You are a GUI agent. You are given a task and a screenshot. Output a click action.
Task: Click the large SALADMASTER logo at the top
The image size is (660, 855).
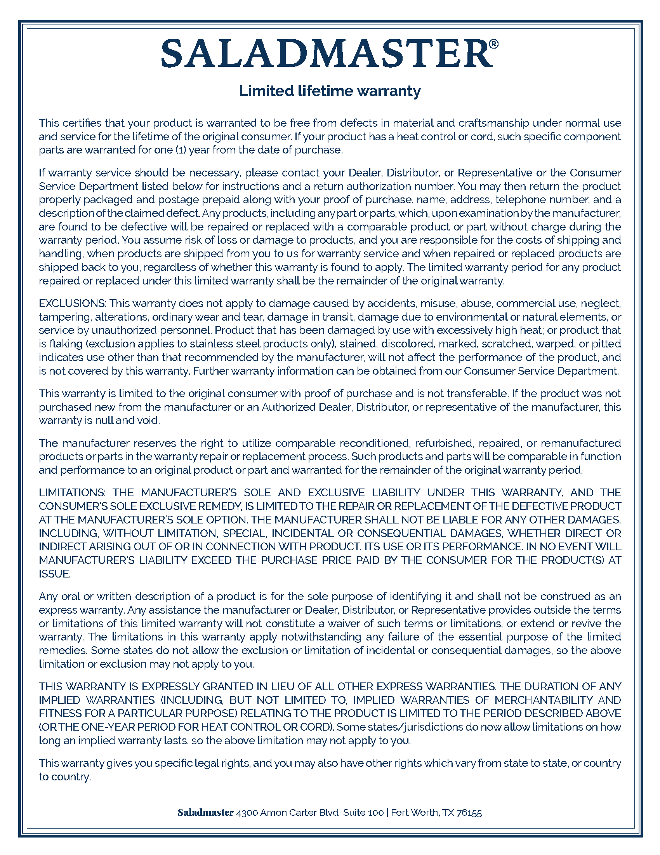(327, 53)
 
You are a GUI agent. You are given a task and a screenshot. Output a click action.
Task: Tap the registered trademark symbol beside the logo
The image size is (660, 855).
(494, 44)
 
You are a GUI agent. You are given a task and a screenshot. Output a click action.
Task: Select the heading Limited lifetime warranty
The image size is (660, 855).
(330, 91)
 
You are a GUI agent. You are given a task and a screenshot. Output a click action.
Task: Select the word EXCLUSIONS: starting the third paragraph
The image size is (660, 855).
(72, 304)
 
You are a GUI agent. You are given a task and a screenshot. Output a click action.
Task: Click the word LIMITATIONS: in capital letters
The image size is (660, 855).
(72, 492)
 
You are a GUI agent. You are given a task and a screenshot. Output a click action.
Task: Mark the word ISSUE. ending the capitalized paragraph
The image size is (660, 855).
(55, 574)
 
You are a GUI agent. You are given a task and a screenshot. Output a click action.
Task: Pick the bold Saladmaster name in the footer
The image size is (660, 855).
(206, 813)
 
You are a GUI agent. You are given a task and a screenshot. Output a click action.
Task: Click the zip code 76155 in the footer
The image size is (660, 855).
(469, 813)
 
